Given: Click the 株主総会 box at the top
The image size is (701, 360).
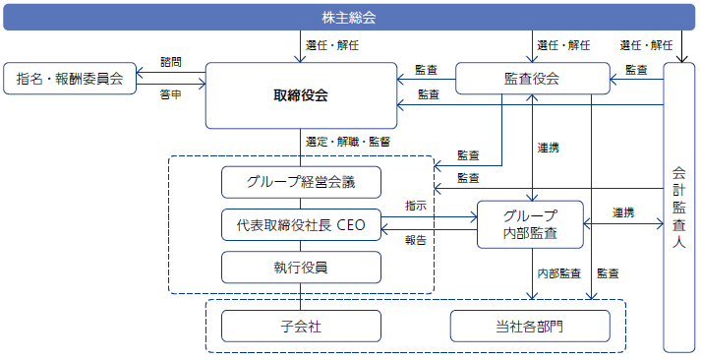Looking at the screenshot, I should [349, 17].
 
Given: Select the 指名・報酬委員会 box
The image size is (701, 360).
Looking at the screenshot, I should [70, 79].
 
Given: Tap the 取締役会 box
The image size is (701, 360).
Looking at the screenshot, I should [301, 95].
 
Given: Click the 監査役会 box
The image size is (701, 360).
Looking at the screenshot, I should [531, 79].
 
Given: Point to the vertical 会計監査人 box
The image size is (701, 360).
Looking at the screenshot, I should [679, 207].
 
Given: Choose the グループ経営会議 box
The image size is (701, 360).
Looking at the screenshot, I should [301, 182].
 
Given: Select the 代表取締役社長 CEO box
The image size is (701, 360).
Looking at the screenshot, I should [301, 224].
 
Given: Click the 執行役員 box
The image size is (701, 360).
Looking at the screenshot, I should [301, 267].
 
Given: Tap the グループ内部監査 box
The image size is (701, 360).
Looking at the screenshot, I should [530, 224].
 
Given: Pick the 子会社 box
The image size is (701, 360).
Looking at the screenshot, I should [301, 326].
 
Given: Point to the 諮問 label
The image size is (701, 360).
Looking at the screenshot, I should [170, 61].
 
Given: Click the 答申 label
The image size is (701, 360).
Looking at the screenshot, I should [170, 96].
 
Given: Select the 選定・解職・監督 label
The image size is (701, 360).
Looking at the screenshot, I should [348, 142].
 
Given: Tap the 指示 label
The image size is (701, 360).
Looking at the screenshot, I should [415, 206].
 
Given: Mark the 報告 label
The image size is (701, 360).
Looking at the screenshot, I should [415, 240].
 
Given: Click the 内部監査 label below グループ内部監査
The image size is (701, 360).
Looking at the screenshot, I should [557, 272].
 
